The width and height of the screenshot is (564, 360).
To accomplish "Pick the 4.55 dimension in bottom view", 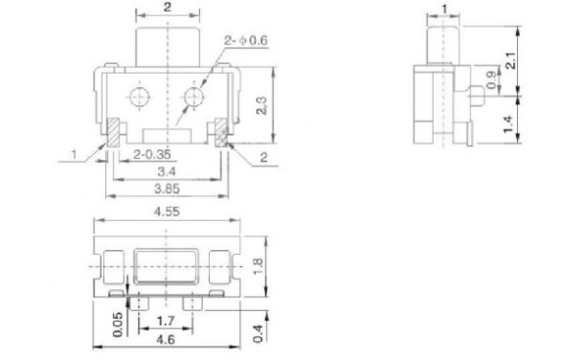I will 169,213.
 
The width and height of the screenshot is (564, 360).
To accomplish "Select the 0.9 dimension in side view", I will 493,79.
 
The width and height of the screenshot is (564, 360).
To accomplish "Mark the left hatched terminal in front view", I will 113,131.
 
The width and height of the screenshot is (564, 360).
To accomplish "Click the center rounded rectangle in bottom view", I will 168,261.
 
